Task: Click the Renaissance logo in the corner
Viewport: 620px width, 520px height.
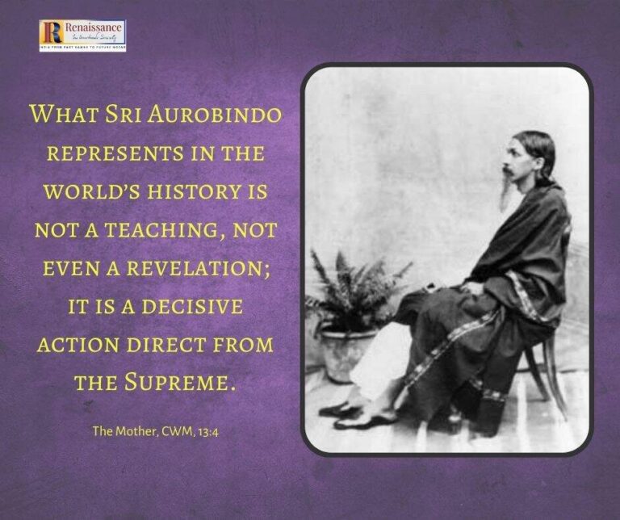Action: (82, 34)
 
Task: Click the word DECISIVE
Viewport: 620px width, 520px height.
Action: (194, 307)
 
